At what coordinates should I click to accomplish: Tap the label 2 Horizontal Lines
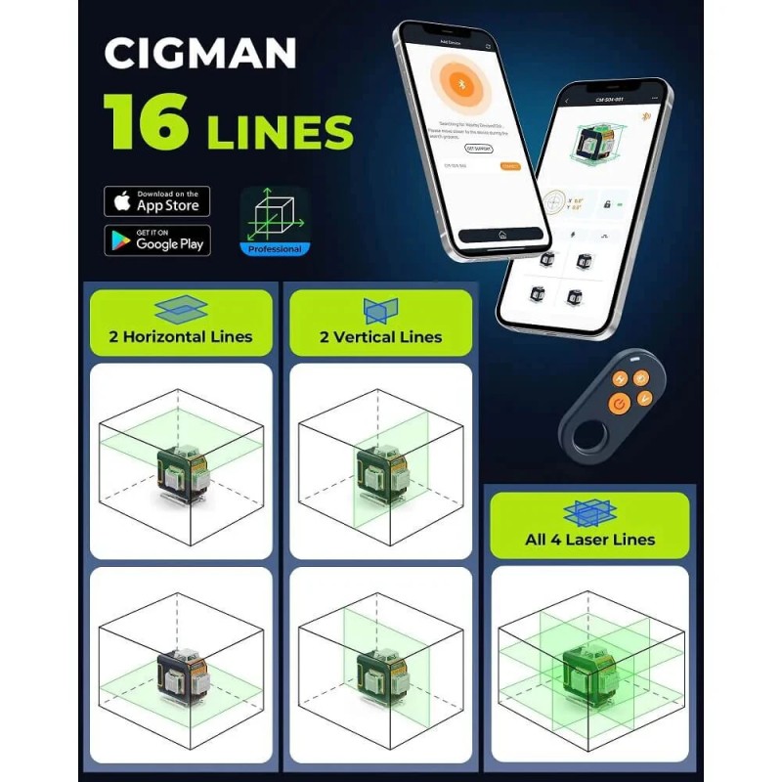pos(181,336)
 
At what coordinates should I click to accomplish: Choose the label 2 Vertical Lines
pos(381,336)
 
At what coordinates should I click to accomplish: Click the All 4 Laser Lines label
pos(589,539)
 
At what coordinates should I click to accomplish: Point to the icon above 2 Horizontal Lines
pos(181,310)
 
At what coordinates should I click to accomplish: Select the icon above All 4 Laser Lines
pos(589,512)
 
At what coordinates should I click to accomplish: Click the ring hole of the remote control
pos(587,435)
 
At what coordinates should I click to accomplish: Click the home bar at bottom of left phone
pos(500,236)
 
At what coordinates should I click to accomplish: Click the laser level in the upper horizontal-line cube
pos(181,472)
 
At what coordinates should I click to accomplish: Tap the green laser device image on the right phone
pos(599,148)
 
